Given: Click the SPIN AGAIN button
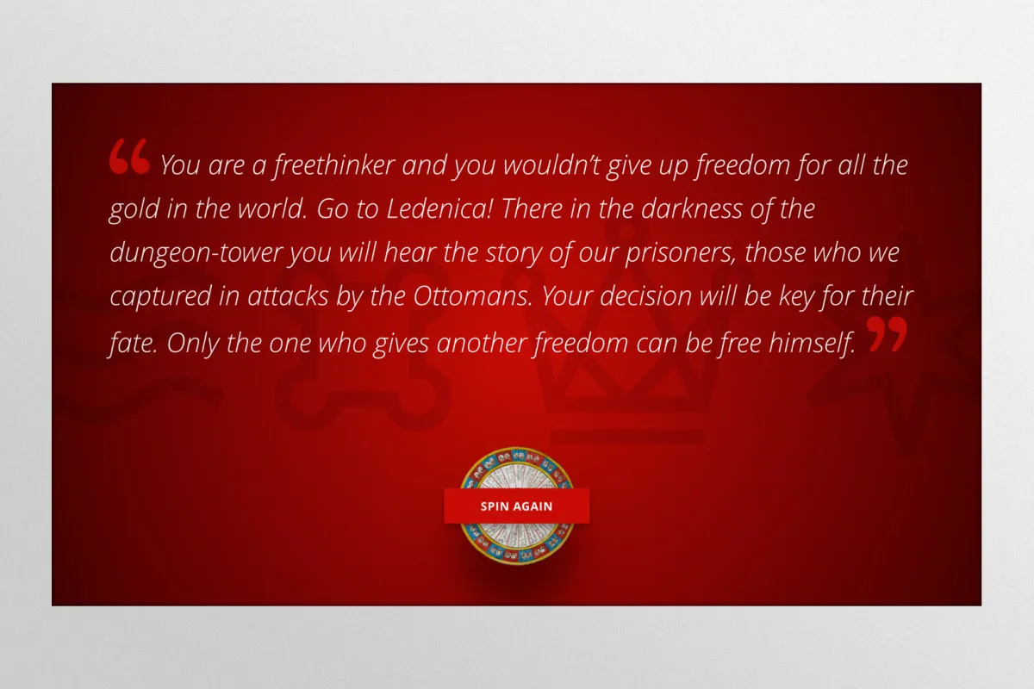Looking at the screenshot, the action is point(516,506).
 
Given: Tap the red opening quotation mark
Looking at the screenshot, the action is point(130,157).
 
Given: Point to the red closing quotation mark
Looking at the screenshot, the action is point(887,333).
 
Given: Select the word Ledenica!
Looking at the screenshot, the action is point(440,208).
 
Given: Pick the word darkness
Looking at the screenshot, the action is point(692,208).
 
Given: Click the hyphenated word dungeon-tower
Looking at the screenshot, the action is point(196,253).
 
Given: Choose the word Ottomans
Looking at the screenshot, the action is point(473,296).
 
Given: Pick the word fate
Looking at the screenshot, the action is point(134,343).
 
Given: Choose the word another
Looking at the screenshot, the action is point(482,344).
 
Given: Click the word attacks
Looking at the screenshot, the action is point(288,296).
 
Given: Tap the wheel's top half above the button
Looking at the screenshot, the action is point(516,468).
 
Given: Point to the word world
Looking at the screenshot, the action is point(272,208).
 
